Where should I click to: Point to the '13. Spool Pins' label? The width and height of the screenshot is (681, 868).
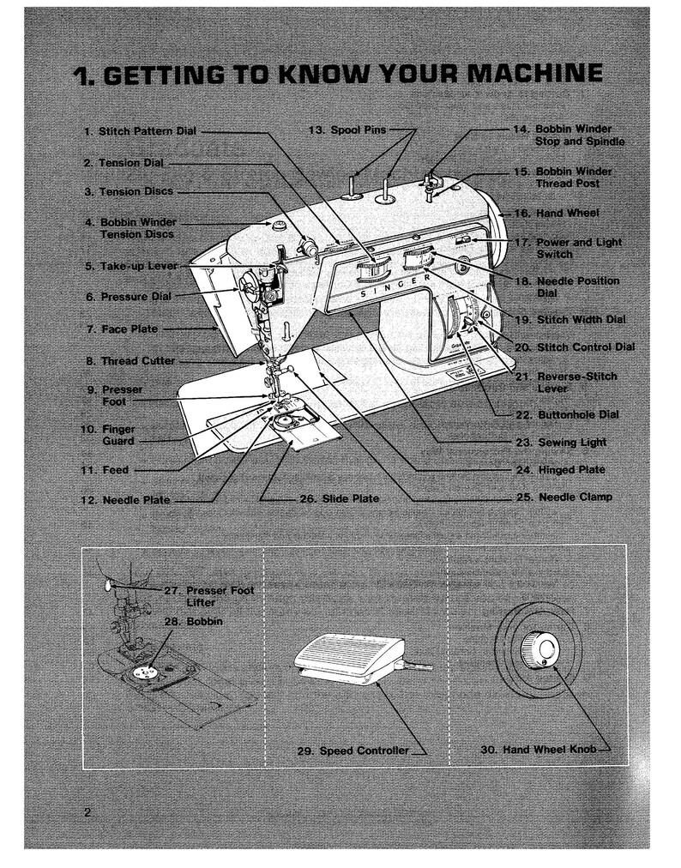pyautogui.click(x=347, y=130)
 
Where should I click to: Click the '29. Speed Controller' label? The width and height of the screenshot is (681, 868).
pyautogui.click(x=353, y=750)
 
